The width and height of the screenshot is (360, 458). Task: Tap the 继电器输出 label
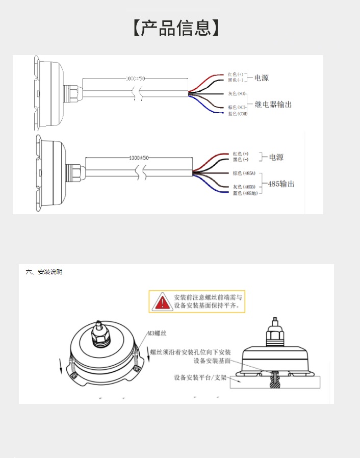pyautogui.click(x=273, y=104)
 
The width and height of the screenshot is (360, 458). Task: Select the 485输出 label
pyautogui.click(x=277, y=184)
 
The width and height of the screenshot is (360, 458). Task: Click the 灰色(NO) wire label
pyautogui.click(x=237, y=94)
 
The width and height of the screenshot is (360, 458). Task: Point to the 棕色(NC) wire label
pyautogui.click(x=237, y=107)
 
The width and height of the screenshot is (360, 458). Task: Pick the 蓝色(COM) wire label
pyautogui.click(x=238, y=113)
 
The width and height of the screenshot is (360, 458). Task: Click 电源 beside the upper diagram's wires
pyautogui.click(x=261, y=78)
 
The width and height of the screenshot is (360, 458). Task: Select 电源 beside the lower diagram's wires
pyautogui.click(x=276, y=157)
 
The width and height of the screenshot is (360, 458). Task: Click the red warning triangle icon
pyautogui.click(x=162, y=301)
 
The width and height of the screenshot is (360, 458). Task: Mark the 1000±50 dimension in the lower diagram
pyautogui.click(x=138, y=158)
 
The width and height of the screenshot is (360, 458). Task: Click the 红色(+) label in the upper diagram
pyautogui.click(x=236, y=74)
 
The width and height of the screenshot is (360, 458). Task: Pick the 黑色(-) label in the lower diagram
pyautogui.click(x=240, y=160)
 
